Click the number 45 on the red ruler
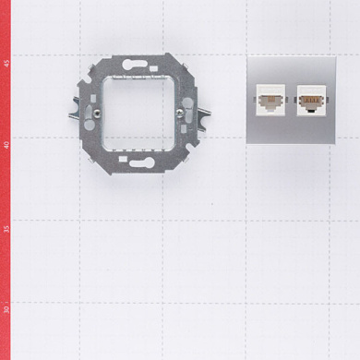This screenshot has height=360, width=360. click(6, 64)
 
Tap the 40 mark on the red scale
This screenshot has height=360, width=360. click(6, 145)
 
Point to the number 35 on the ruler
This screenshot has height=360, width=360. click(6, 229)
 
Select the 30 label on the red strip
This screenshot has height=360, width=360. click(6, 309)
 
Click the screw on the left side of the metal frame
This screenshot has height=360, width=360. click(97, 114)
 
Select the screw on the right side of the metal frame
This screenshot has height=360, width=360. click(180, 114)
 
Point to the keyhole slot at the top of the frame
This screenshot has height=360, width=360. click(135, 64)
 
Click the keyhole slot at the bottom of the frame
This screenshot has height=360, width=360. click(141, 162)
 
